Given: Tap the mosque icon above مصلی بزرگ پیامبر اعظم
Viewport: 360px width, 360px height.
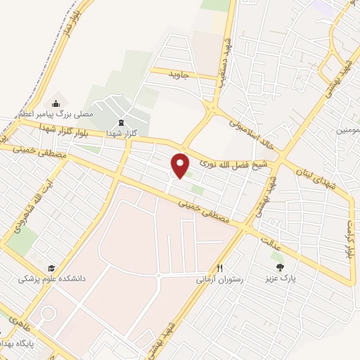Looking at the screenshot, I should click(56, 104).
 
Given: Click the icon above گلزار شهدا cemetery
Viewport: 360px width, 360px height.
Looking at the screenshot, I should click(120, 122).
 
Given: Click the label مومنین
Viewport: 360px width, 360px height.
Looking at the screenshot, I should click(348, 131).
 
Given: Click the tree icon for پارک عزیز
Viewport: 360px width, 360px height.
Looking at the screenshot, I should click(281, 266).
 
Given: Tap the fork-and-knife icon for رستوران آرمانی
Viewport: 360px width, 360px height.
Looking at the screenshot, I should click(220, 268).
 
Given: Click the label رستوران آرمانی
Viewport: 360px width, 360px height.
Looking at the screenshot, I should click(219, 279).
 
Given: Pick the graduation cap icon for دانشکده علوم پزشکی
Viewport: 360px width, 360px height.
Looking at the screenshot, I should click(51, 268).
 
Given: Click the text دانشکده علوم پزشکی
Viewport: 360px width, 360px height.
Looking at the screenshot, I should click(51, 279).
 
